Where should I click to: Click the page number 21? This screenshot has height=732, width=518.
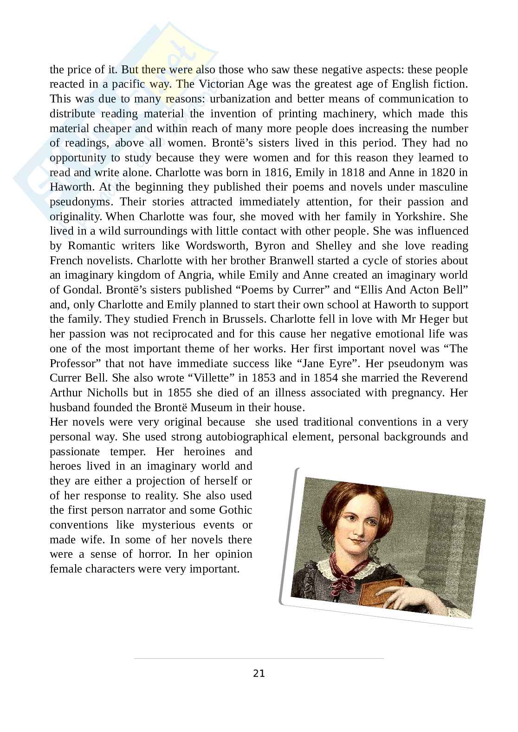(x=259, y=674)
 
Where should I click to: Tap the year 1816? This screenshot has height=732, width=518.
(x=277, y=172)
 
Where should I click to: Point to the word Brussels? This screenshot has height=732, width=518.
(x=244, y=319)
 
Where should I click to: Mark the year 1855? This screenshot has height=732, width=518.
(x=179, y=393)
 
